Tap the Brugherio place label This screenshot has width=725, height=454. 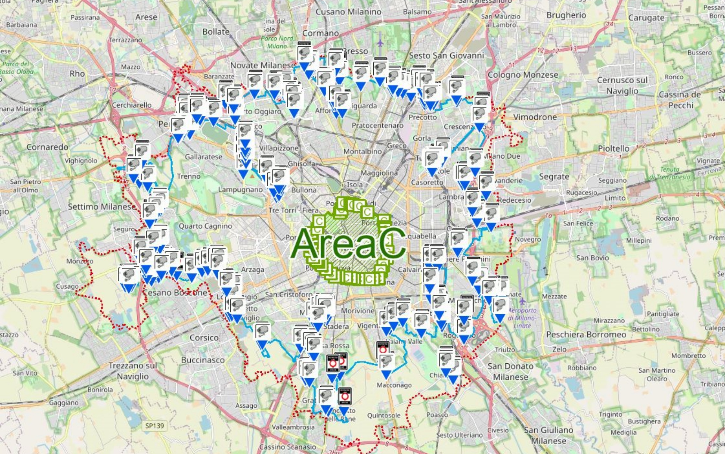click(566, 15)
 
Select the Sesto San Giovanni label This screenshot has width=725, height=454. click(446, 55)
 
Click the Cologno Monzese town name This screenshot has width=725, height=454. click(522, 75)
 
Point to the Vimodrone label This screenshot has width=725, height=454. click(535, 117)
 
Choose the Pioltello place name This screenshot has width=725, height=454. click(613, 149)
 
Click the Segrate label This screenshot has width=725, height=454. click(554, 176)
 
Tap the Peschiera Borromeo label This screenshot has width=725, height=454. click(586, 335)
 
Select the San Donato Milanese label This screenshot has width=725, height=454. click(510, 371)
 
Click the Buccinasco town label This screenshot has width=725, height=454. click(203, 360)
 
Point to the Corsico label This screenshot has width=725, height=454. click(204, 338)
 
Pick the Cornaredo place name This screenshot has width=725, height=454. click(47, 147)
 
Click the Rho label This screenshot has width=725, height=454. click(77, 74)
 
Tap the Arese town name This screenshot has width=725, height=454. click(146, 17)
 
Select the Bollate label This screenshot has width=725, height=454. click(216, 32)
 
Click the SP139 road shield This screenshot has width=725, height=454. click(154, 425)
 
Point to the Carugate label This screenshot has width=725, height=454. click(646, 18)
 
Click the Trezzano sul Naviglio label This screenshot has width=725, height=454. click(133, 371)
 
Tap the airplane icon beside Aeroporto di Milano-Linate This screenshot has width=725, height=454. click(522, 301)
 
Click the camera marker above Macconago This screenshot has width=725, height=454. click(386, 363)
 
